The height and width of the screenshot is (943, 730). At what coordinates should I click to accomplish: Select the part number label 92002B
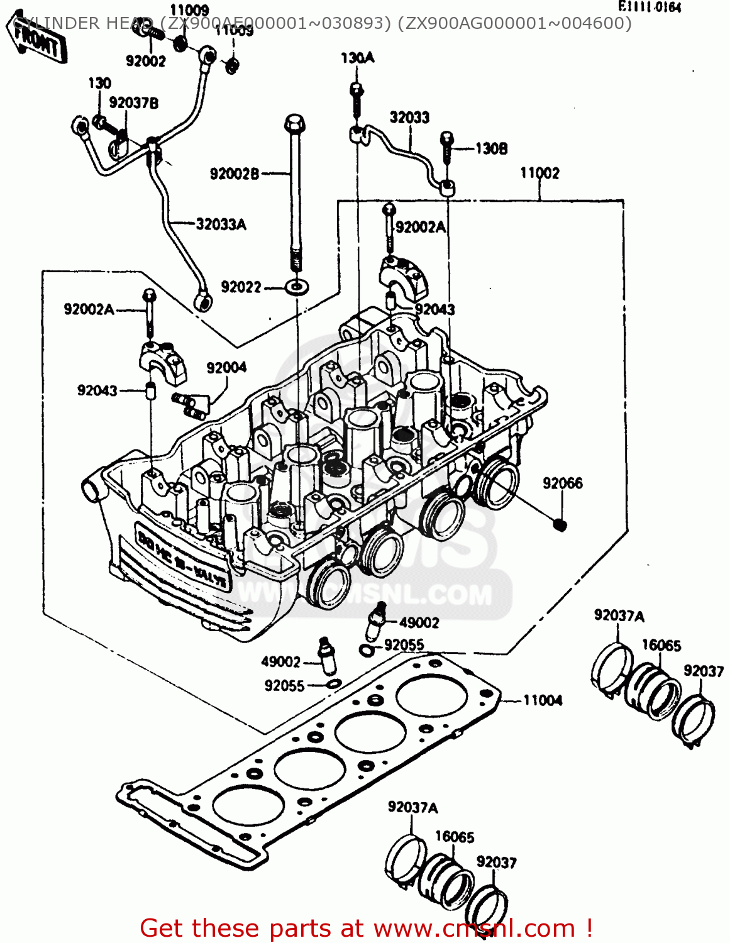(234, 174)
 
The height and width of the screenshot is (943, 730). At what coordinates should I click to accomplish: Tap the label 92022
(241, 287)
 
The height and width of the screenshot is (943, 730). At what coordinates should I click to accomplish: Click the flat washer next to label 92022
(296, 287)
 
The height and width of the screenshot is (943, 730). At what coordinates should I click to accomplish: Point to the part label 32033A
(221, 224)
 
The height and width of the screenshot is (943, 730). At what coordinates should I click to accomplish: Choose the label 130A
(357, 58)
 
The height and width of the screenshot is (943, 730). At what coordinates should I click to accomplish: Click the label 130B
(491, 149)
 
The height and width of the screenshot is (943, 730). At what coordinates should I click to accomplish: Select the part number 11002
(539, 173)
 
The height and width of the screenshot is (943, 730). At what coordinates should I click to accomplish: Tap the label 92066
(563, 483)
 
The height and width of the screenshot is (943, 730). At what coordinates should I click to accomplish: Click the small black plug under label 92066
(560, 524)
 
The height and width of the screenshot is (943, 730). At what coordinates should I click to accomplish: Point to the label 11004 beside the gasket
(543, 700)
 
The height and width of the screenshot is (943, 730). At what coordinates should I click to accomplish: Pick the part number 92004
(226, 368)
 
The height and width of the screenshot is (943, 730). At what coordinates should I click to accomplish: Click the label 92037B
(133, 103)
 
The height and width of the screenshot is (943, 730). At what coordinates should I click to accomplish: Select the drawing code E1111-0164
(650, 7)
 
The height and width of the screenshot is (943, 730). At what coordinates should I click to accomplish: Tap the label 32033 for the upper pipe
(409, 118)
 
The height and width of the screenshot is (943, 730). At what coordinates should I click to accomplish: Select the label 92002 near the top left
(145, 61)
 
